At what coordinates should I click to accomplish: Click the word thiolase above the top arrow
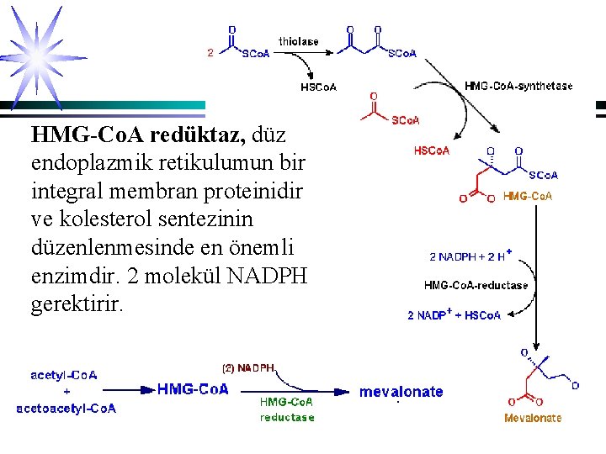[x=299, y=40]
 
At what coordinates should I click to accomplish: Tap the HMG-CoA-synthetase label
[x=518, y=86]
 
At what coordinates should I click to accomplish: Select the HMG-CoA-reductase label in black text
[x=476, y=285]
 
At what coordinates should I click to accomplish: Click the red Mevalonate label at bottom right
[x=533, y=418]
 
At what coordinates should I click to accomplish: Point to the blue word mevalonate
[x=401, y=392]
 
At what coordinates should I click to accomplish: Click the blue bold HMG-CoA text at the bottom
[x=193, y=389]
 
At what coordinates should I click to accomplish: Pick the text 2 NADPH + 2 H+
[x=471, y=256]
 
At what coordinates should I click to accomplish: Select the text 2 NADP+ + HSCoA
[x=454, y=315]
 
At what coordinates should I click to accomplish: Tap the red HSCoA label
[x=432, y=150]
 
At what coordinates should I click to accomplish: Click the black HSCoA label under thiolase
[x=319, y=86]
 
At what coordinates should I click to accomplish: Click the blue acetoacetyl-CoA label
[x=66, y=409]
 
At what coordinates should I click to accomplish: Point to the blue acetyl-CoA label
[x=65, y=375]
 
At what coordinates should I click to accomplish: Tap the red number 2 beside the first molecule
[x=210, y=52]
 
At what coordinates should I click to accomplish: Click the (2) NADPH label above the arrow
[x=248, y=367]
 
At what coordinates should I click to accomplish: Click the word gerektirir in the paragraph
[x=77, y=304]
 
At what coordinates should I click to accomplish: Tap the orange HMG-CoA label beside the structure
[x=527, y=196]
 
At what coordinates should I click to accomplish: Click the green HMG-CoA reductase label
[x=287, y=409]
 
